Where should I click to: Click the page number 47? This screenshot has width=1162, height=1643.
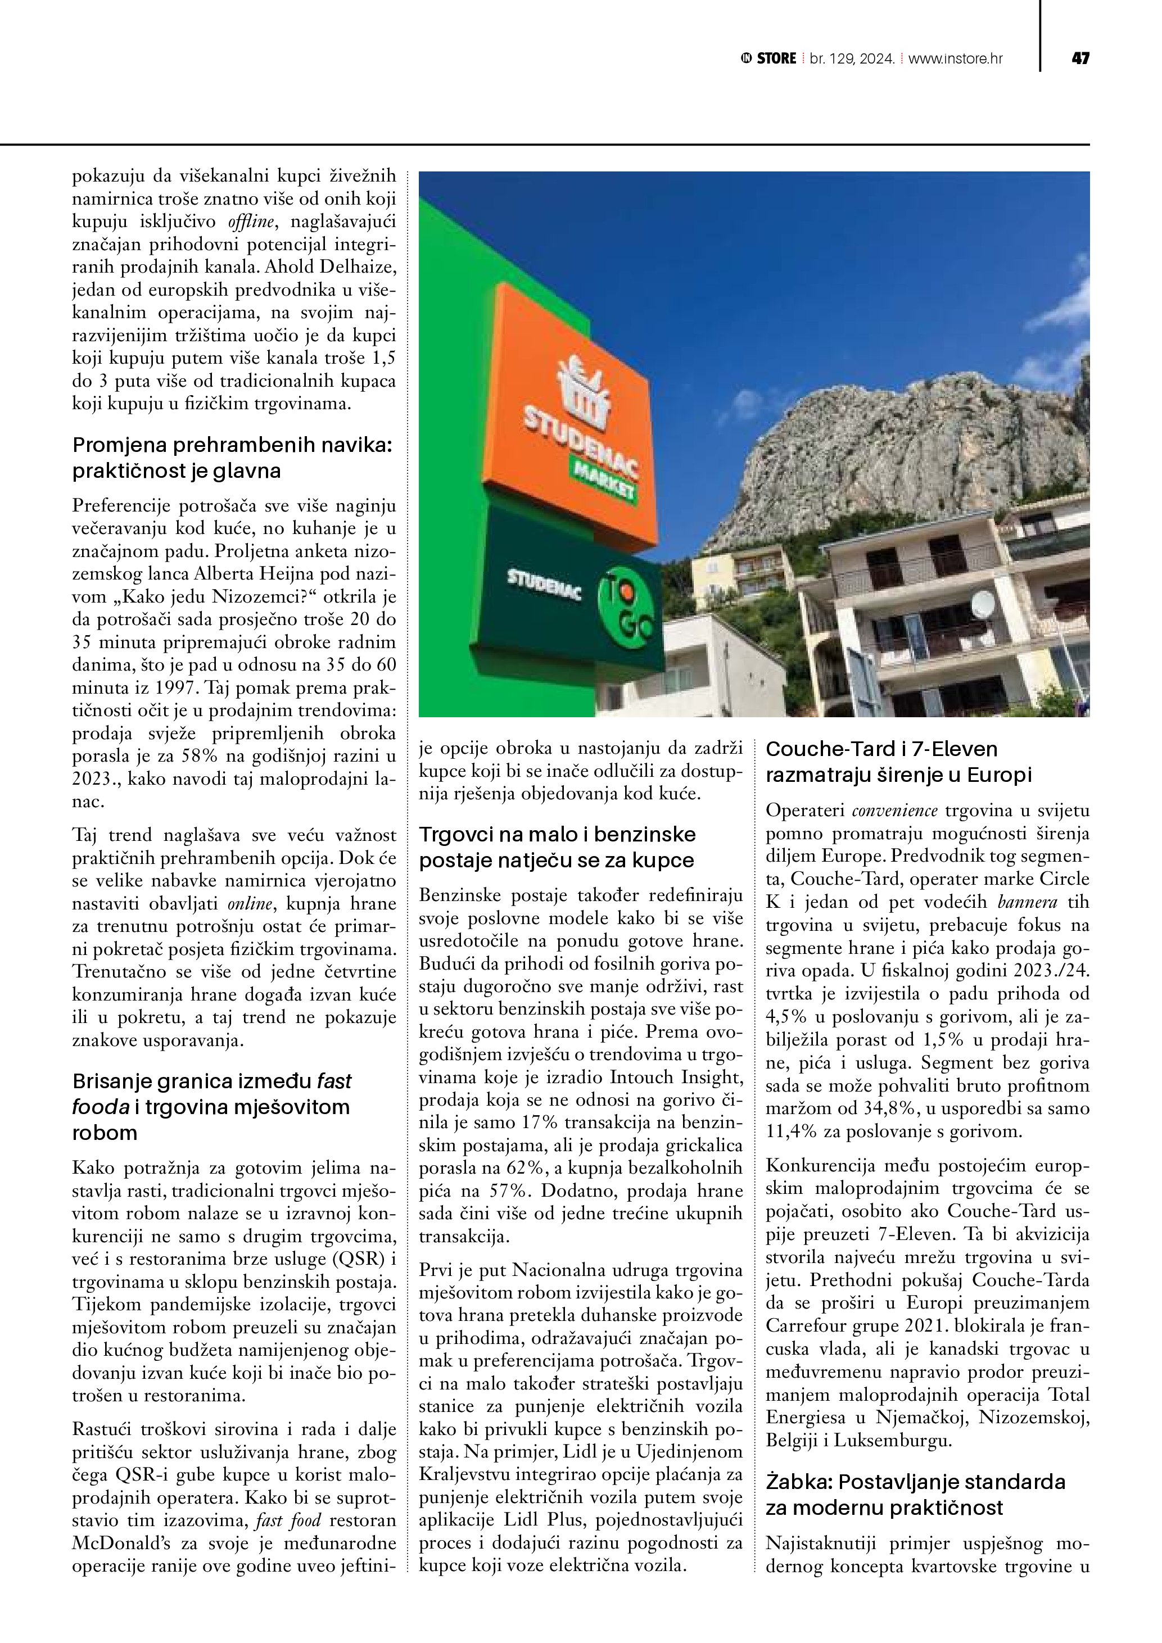click(1080, 58)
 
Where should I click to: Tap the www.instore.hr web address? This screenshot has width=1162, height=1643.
click(955, 58)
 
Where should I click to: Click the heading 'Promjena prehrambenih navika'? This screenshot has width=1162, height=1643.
click(233, 458)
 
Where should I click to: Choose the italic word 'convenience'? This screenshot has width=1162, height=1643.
click(894, 811)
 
